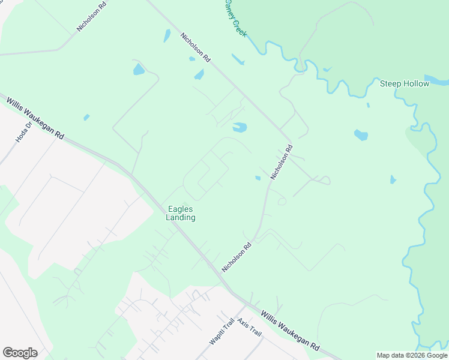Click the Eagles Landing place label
coord(181,213)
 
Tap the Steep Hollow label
coord(405,83)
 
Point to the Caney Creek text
coord(235,18)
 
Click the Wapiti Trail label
coord(220,332)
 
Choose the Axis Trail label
coord(249,326)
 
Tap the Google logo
coord(20,353)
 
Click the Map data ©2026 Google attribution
coord(412,355)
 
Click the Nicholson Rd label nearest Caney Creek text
coord(196,47)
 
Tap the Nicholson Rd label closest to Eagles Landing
coord(237,257)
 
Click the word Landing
coord(181,217)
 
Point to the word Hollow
coord(417,83)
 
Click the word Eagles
coord(181,209)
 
